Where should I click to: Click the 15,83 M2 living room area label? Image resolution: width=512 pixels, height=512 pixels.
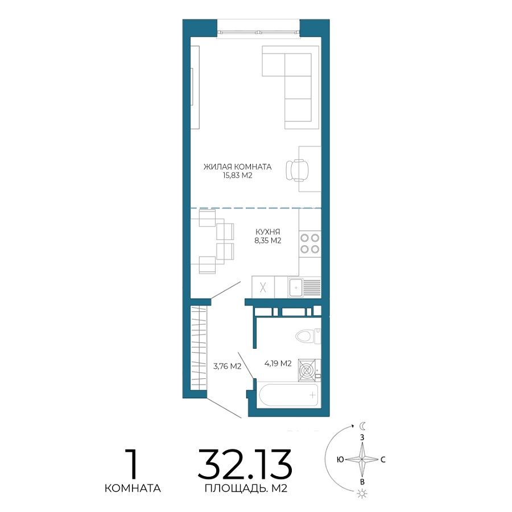pos(237,175)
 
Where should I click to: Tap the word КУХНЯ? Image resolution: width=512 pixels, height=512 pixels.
pos(268,232)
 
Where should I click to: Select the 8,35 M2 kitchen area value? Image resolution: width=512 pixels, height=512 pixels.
pos(268,241)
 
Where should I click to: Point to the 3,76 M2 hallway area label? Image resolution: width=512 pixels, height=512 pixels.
pos(227,366)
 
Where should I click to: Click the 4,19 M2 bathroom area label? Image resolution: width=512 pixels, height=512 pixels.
pos(278,363)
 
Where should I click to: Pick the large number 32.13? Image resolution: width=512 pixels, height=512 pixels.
pos(245,464)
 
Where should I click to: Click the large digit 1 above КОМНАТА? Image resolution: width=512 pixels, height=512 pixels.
pos(133,464)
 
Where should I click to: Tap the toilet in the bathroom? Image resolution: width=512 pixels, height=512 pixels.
pos(308,336)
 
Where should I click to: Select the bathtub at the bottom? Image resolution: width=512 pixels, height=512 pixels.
pos(288,395)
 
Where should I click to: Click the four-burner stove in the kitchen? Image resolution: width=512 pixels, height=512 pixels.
pos(310,243)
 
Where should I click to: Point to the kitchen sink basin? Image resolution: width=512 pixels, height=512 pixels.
pos(296,288)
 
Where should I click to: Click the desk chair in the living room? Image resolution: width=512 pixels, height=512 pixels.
pos(297,170)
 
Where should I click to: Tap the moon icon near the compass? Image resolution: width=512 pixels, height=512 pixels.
pos(362,426)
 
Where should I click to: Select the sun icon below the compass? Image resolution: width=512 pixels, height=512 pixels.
pos(362,493)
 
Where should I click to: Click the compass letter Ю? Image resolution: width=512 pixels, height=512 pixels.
pos(340,460)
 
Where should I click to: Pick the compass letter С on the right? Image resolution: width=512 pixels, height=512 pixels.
pos(383,460)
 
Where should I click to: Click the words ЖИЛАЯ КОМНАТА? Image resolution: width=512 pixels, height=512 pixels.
pos(237,167)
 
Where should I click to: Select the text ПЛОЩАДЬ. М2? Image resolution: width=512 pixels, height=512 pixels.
pos(246,489)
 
